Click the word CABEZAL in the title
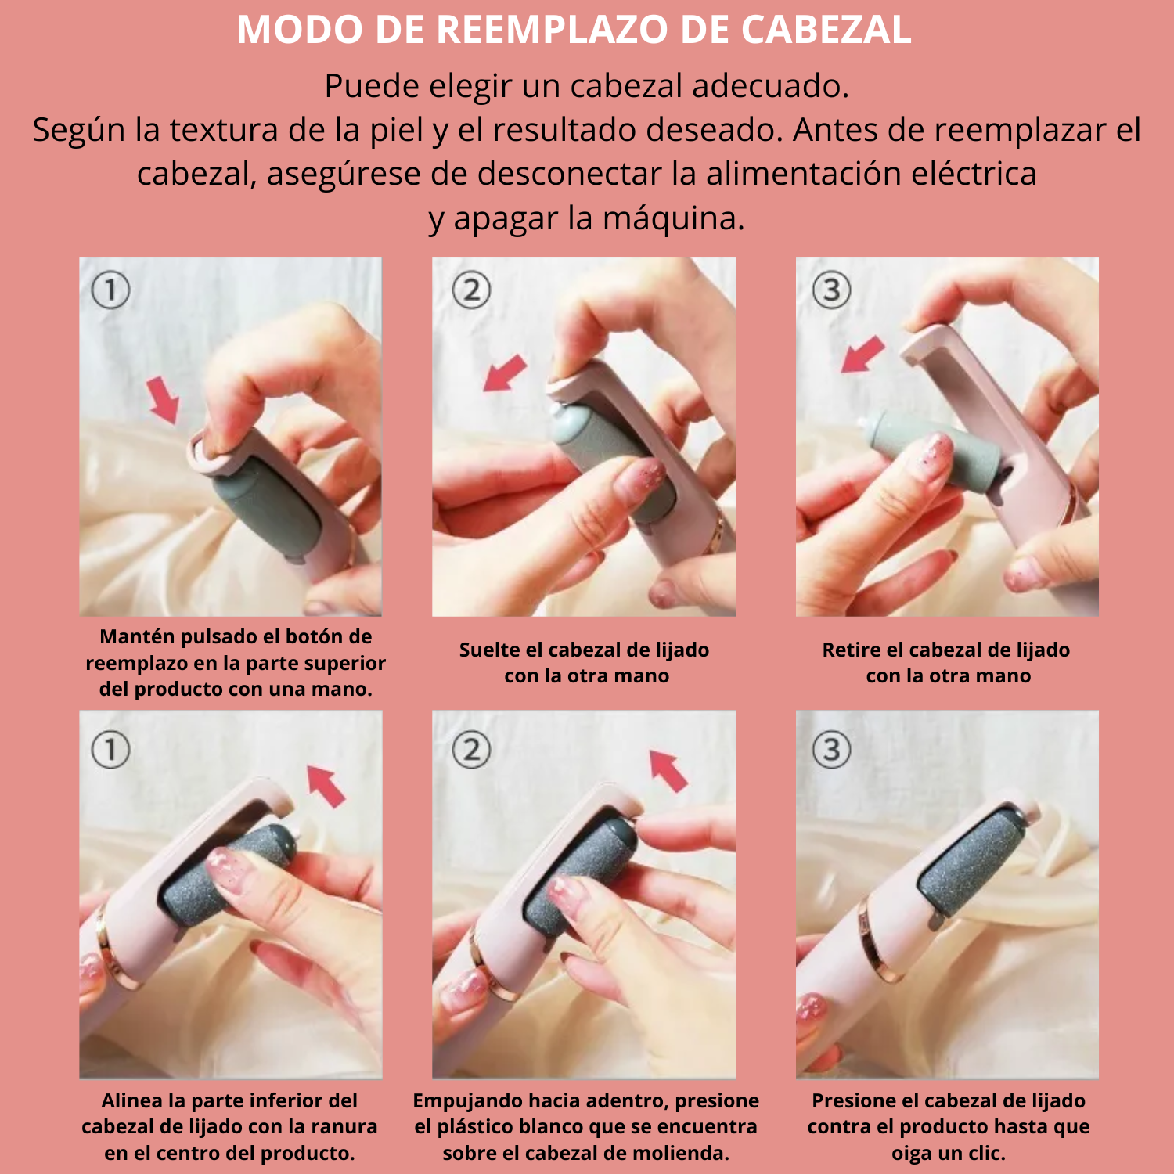click(826, 30)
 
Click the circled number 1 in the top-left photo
click(110, 290)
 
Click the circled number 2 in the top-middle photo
click(471, 290)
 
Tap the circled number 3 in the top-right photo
click(831, 290)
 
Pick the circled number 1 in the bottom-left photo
click(110, 751)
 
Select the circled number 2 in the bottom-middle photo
click(471, 751)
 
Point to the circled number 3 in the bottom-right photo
click(831, 751)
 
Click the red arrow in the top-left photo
click(164, 399)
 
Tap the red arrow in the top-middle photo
click(505, 372)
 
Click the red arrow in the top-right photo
click(862, 355)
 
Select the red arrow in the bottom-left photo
click(326, 785)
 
